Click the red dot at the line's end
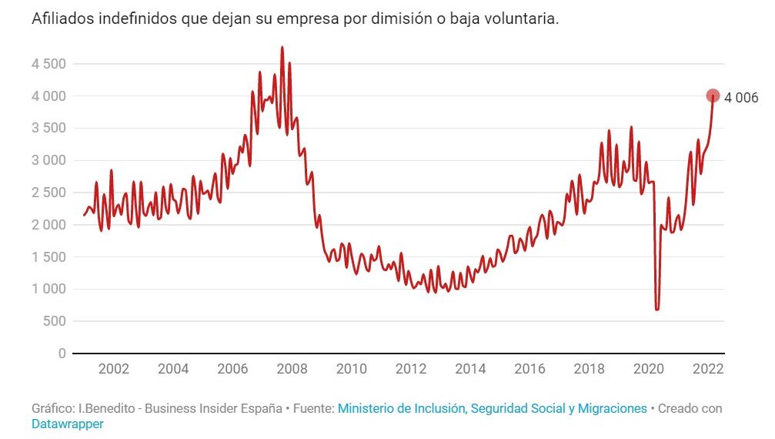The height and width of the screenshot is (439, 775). (x=713, y=96)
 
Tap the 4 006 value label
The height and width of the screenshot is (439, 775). (x=741, y=97)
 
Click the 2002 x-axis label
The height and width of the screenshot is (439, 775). (x=114, y=369)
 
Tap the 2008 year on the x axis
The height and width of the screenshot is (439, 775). (x=292, y=369)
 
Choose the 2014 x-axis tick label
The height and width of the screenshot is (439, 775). (x=470, y=369)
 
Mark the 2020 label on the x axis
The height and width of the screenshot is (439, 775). (x=648, y=369)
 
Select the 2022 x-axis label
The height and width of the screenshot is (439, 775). (x=707, y=369)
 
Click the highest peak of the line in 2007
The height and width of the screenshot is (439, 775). (x=282, y=48)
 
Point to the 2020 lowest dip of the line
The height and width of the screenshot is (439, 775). (x=657, y=309)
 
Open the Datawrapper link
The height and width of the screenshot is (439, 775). (x=67, y=424)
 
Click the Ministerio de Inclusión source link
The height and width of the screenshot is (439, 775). (x=493, y=408)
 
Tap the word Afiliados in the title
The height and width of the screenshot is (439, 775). (x=63, y=20)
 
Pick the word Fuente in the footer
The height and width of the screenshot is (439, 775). (x=312, y=408)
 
